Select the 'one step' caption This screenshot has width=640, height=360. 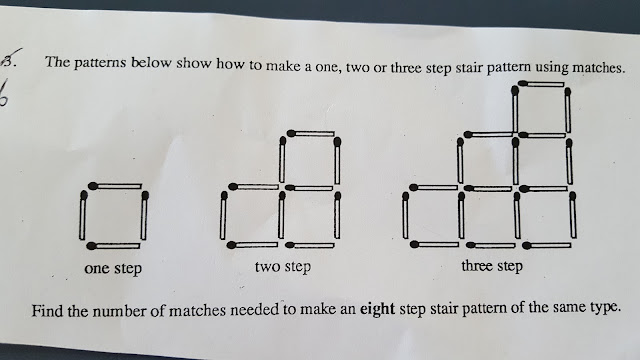click(113, 269)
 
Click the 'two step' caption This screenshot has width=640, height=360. click(283, 267)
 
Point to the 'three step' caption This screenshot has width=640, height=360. click(492, 266)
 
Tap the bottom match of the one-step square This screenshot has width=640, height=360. click(113, 246)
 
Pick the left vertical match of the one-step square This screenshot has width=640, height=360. click(83, 215)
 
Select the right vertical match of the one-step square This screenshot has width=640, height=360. click(144, 215)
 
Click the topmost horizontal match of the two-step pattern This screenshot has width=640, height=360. click(311, 133)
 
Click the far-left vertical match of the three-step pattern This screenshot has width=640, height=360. click(405, 216)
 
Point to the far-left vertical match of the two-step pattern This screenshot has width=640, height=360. click(223, 216)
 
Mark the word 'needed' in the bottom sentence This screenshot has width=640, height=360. click(254, 310)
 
